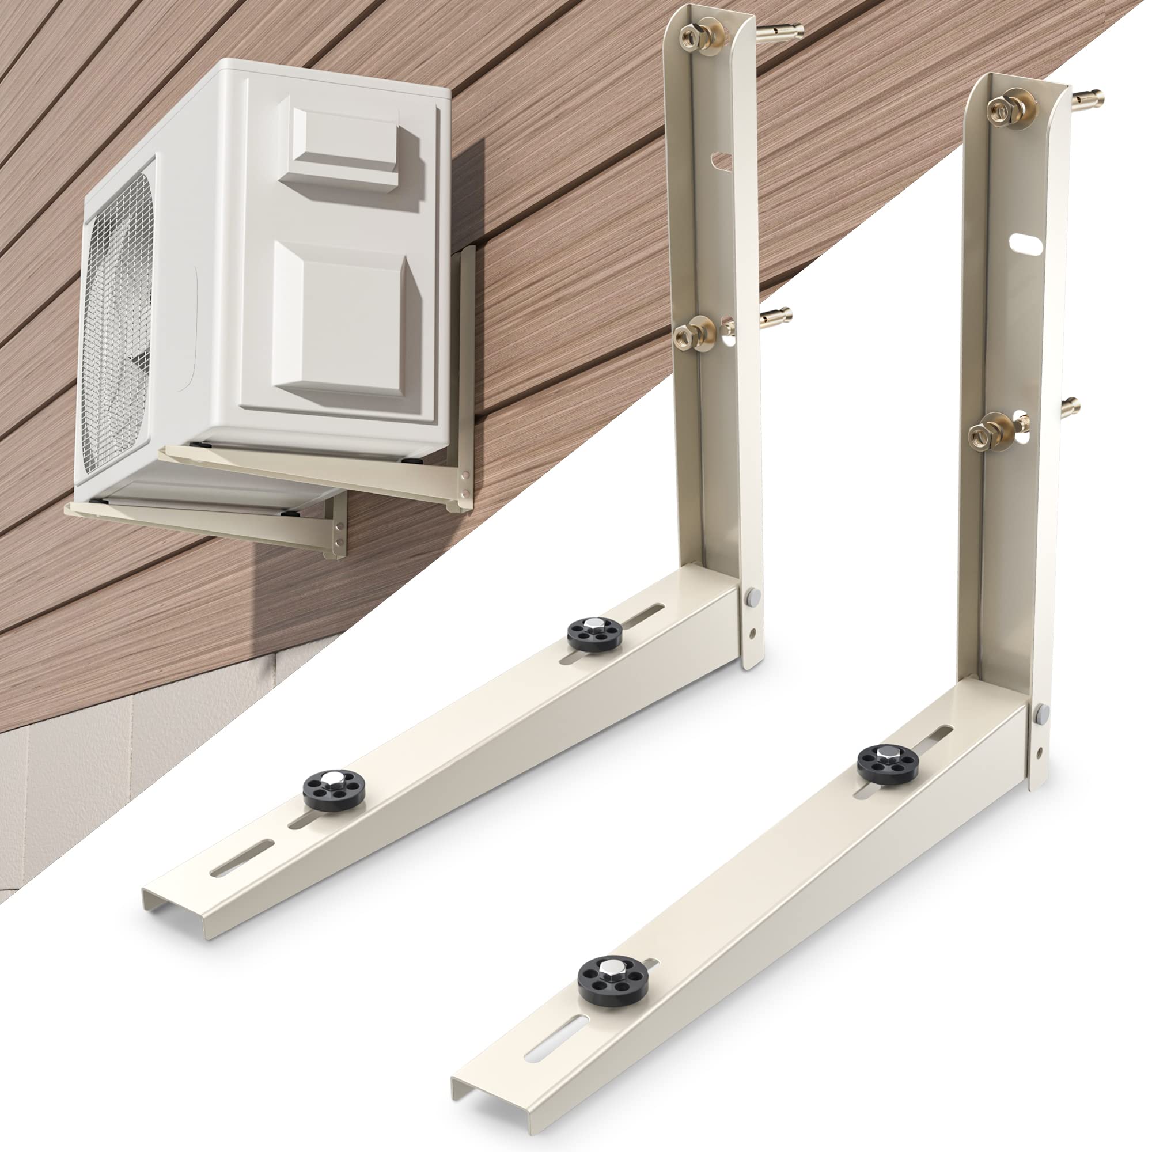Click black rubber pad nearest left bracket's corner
pos(594,634)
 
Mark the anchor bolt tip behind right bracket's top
pos(1092,96)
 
